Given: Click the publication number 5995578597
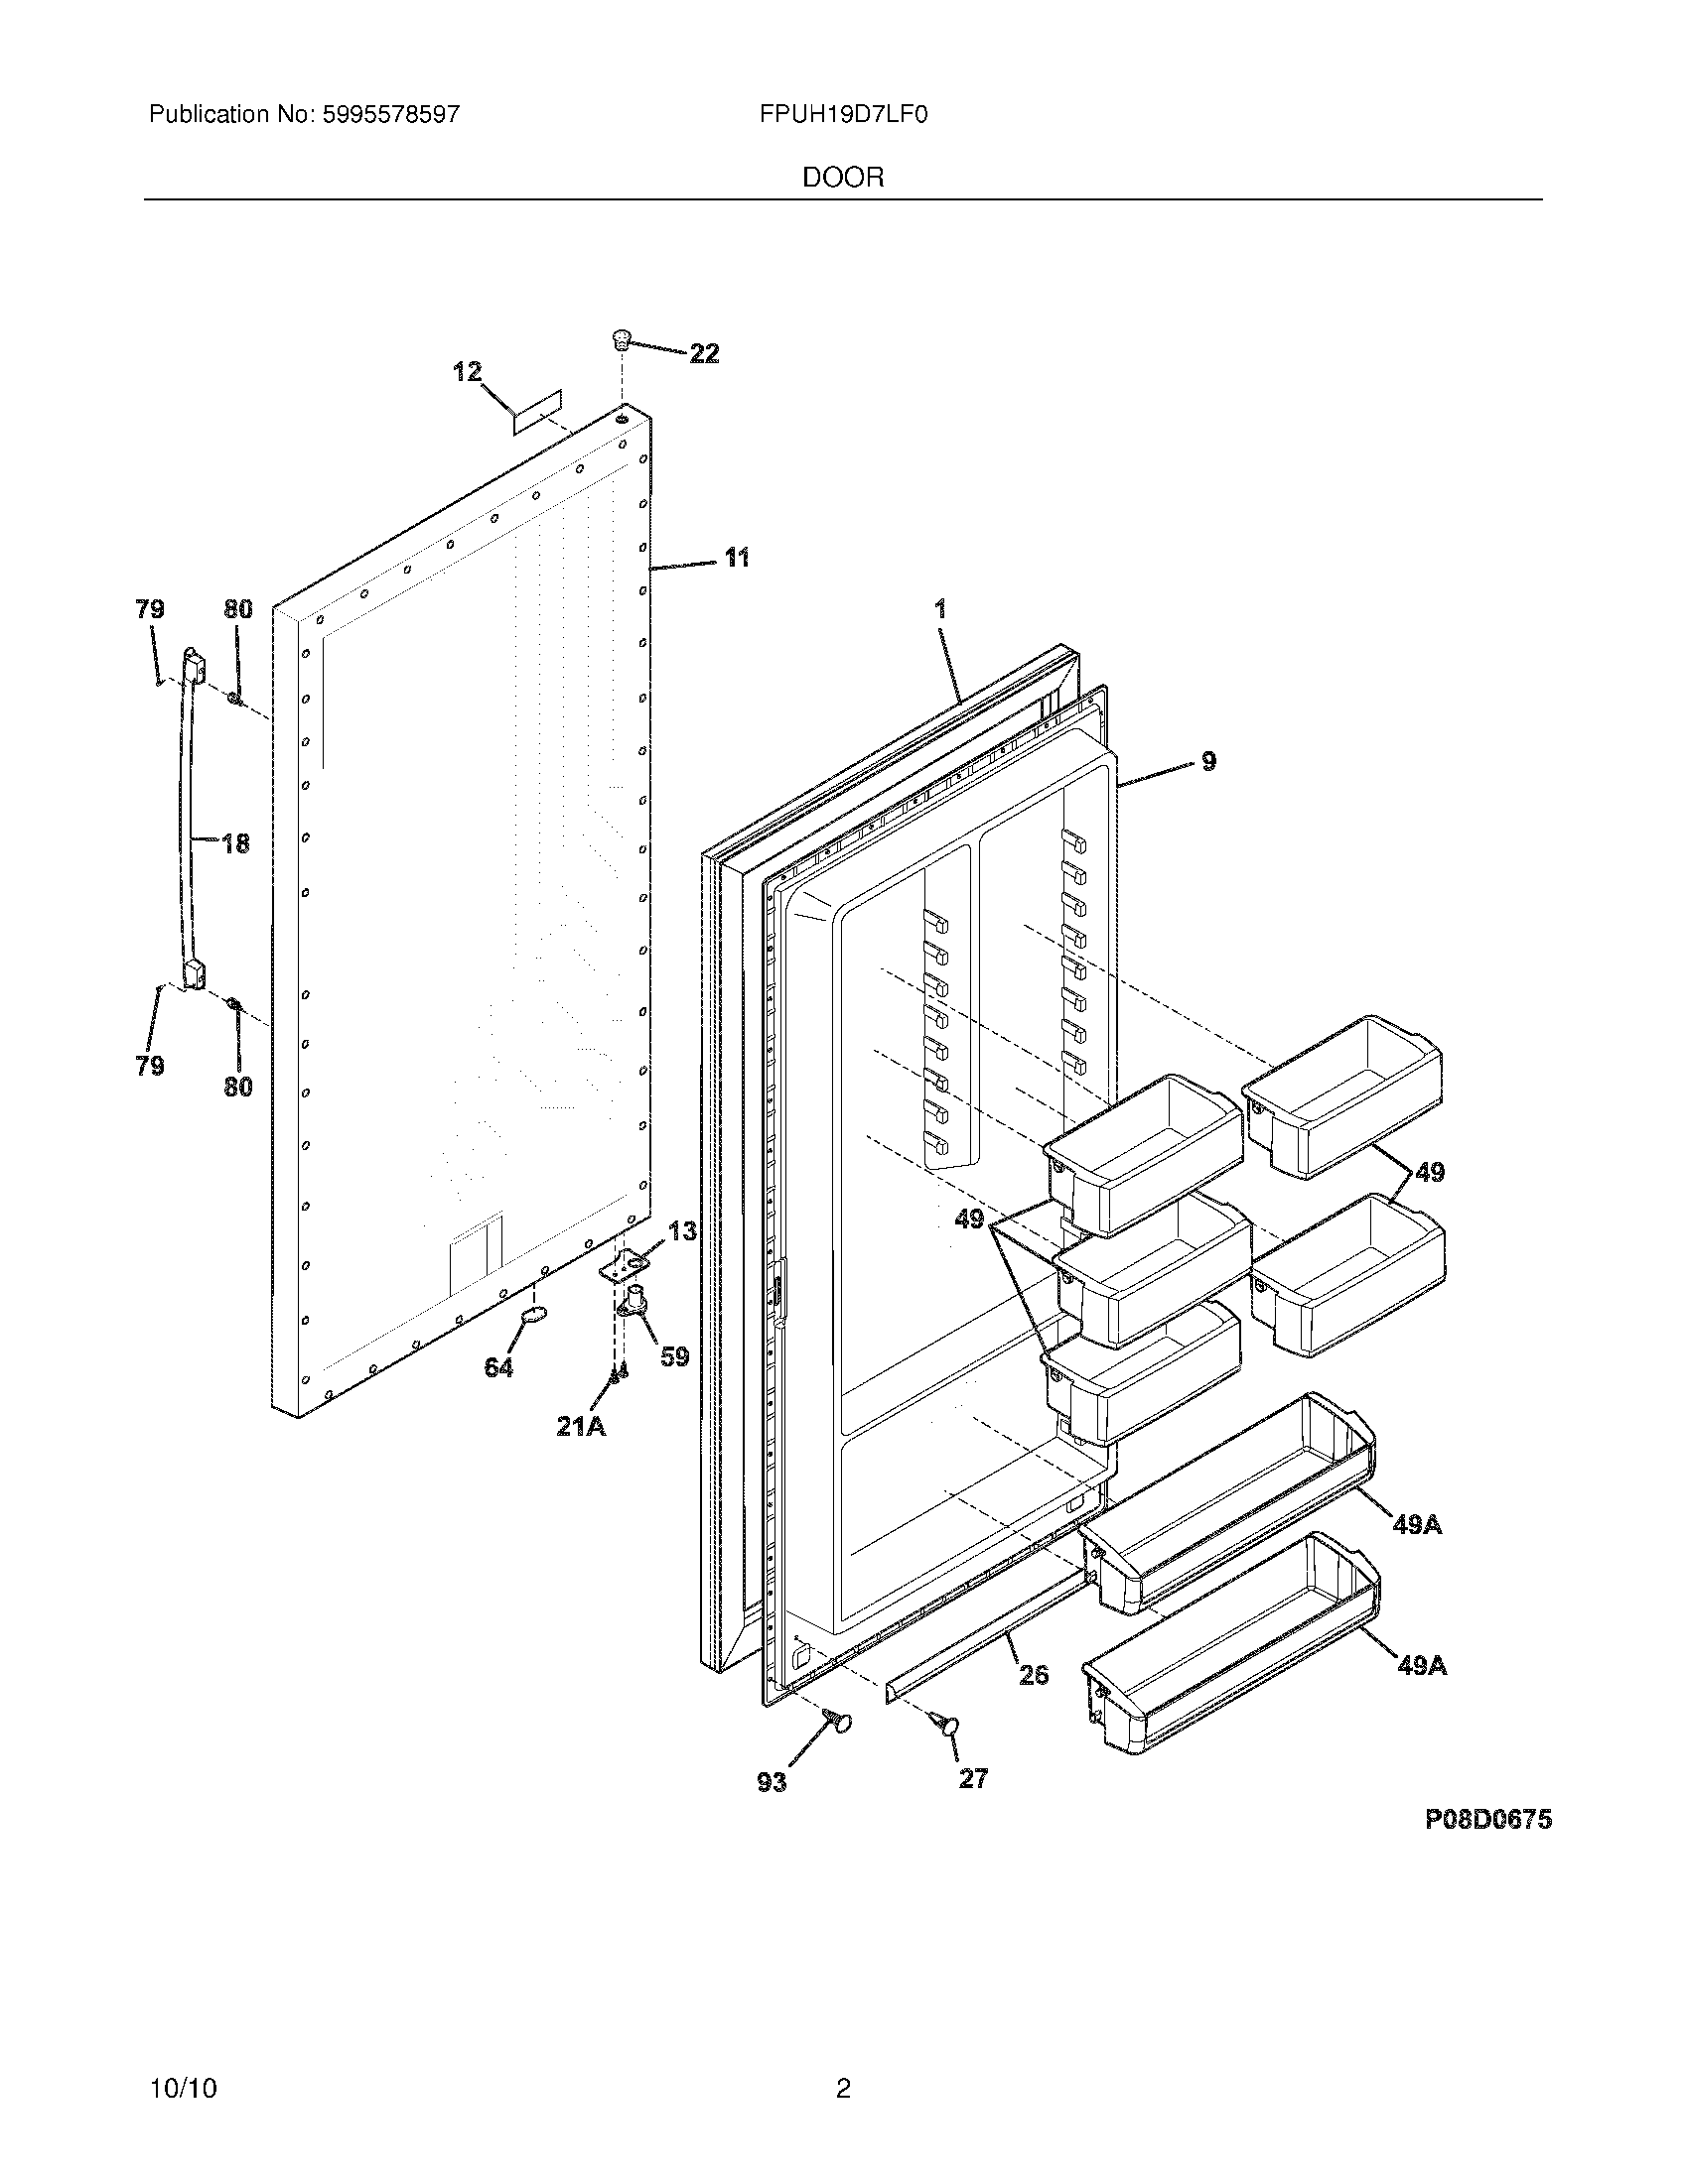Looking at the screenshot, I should (390, 115).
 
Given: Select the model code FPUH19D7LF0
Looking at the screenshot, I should (843, 115).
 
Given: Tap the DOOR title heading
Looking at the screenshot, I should (843, 178).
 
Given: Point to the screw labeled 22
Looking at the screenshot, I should (622, 340).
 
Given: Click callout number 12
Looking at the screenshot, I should (467, 372).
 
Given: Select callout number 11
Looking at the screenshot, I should (736, 558).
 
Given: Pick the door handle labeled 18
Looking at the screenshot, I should (187, 820).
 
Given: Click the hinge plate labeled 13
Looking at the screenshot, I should (620, 1266).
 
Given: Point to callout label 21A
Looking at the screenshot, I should (581, 1426).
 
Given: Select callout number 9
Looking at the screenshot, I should (1208, 762).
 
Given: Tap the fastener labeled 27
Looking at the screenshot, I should (944, 1723).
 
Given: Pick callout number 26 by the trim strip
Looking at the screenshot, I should (1034, 1673).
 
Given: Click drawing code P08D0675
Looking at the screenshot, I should (1488, 1819).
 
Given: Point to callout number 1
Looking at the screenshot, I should (940, 608).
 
